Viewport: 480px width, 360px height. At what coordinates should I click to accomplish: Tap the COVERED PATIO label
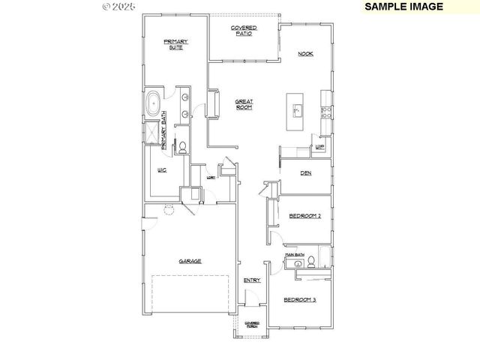(244, 31)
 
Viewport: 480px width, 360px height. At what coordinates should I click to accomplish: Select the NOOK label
(305, 54)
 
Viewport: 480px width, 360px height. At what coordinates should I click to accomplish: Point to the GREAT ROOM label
(244, 104)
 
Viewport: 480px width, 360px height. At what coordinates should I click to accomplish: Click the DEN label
(305, 173)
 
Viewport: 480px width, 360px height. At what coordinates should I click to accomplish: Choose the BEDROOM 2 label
(305, 216)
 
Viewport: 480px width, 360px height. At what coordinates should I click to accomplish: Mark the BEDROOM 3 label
(300, 300)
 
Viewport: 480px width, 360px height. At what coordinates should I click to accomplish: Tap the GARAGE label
(189, 261)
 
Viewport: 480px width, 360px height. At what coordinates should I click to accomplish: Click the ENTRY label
(252, 280)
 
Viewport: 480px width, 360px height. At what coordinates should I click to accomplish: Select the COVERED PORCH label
(252, 325)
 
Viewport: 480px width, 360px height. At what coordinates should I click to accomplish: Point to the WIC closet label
(161, 171)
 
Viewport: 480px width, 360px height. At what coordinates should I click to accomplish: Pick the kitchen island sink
(297, 111)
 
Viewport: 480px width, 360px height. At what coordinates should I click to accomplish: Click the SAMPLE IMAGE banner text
(403, 7)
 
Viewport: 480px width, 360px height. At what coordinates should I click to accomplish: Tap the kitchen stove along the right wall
(326, 112)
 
